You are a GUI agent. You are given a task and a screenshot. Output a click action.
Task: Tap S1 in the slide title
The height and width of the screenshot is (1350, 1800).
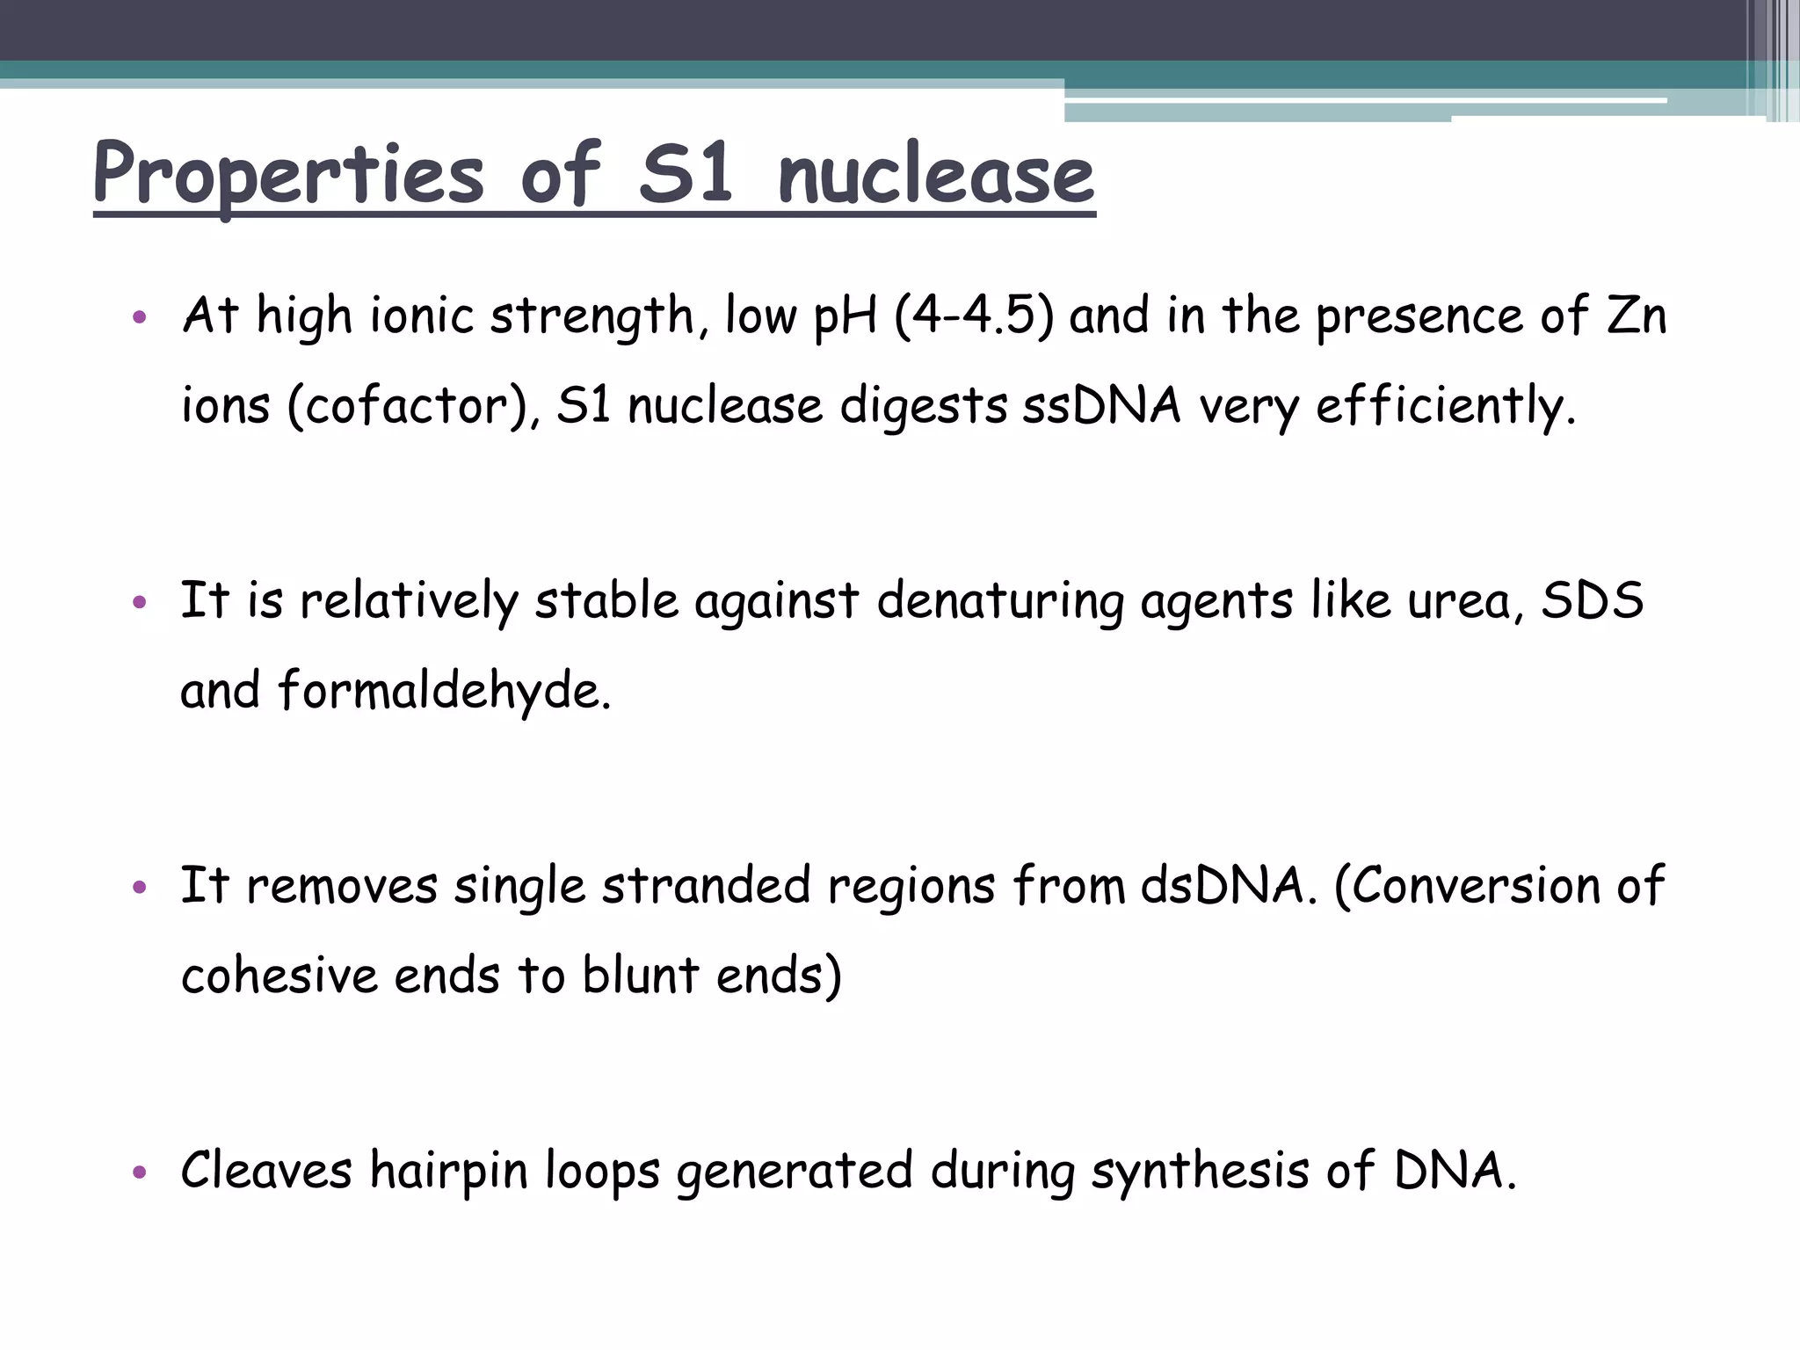686,174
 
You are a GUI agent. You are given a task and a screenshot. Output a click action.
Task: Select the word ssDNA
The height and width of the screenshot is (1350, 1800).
1101,406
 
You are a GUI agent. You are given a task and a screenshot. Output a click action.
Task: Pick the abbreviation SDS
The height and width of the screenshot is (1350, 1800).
1593,602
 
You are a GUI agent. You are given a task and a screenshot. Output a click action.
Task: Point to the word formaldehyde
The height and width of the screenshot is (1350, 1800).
443,692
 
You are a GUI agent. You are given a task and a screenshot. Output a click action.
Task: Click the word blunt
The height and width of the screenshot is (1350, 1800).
641,976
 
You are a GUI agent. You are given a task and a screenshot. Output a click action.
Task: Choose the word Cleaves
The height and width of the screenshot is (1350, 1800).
266,1172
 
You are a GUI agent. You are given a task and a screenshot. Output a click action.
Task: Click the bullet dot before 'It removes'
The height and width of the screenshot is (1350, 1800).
139,888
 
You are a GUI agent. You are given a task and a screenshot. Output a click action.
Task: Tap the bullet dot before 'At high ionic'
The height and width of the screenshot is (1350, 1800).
139,317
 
